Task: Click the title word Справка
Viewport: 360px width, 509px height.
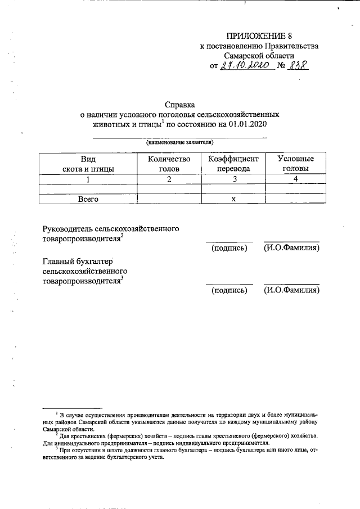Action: (x=179, y=104)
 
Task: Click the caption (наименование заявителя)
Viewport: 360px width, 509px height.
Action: (x=179, y=143)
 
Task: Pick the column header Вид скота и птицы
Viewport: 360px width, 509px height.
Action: (x=88, y=164)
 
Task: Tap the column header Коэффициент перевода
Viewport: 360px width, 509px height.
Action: (x=233, y=164)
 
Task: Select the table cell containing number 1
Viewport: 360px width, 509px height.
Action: (x=88, y=179)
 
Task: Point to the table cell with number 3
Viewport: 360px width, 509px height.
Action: (x=233, y=179)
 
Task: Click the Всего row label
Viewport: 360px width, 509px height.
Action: (x=88, y=199)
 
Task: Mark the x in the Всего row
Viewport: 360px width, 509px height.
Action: (x=233, y=199)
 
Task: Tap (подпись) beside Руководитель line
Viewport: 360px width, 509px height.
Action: (x=229, y=248)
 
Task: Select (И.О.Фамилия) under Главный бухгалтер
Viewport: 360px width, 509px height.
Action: (x=291, y=290)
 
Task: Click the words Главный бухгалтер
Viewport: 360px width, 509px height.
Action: (x=78, y=261)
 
